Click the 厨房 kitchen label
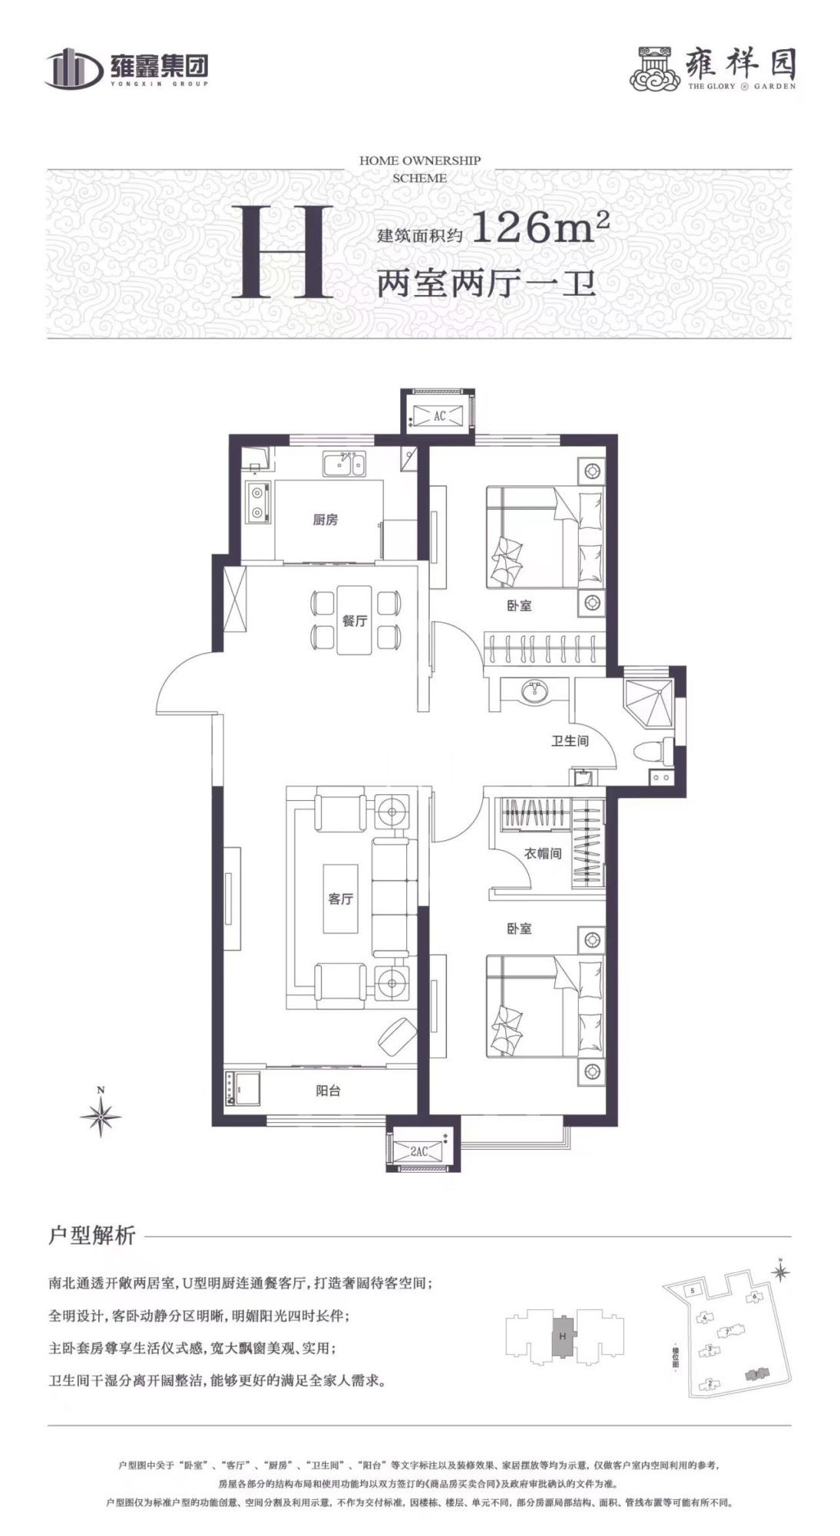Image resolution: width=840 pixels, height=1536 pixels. [325, 520]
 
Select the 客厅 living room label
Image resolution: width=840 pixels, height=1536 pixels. [340, 898]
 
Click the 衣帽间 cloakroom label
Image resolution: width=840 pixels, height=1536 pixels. [543, 852]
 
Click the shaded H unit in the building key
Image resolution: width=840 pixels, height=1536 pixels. [563, 1339]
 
